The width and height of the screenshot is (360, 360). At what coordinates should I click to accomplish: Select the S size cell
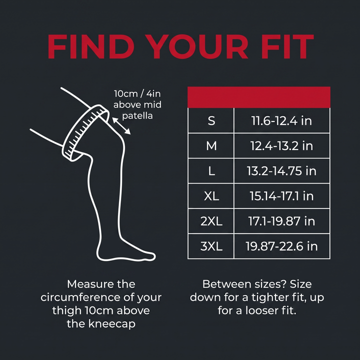[x=211, y=120]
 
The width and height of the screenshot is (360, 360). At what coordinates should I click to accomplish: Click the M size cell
[x=211, y=146]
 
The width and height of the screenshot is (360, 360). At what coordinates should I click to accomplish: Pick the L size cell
[x=211, y=171]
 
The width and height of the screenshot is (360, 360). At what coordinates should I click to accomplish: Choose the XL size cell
[x=211, y=196]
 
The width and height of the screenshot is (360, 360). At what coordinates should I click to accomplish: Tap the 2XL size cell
[x=211, y=221]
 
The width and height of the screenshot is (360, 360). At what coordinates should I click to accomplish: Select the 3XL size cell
[x=211, y=246]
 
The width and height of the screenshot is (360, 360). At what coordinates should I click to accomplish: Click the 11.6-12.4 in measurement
[x=281, y=120]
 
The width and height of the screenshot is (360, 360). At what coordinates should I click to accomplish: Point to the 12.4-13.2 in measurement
[x=281, y=146]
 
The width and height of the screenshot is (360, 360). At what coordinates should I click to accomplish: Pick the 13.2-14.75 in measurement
[x=281, y=171]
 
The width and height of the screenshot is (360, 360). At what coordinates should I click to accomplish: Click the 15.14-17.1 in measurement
[x=281, y=196]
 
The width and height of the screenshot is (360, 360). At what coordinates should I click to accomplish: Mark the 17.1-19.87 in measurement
[x=281, y=221]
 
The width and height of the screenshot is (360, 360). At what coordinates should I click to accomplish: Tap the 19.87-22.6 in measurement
[x=281, y=246]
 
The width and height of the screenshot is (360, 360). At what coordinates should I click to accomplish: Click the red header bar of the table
[x=259, y=97]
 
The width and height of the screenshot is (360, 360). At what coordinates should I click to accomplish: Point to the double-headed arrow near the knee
[x=121, y=126]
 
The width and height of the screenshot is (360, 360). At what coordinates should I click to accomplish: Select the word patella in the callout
[x=137, y=116]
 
